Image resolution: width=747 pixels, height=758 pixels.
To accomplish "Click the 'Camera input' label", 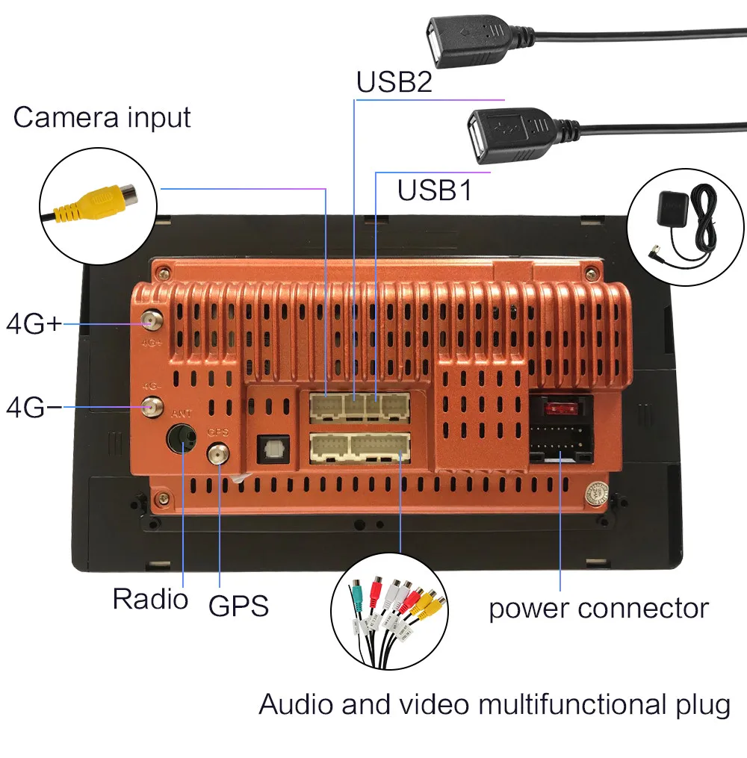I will click(x=102, y=117).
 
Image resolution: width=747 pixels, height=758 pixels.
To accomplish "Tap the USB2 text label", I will click(x=394, y=82).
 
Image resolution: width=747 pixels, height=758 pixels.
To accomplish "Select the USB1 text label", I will click(x=434, y=190).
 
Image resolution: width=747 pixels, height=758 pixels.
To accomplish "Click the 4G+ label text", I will click(x=34, y=324).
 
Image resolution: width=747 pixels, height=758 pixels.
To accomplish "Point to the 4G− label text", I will click(x=34, y=407).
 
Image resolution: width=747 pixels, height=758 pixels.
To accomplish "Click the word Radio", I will click(x=150, y=598).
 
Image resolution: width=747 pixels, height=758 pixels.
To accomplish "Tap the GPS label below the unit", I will click(x=238, y=606).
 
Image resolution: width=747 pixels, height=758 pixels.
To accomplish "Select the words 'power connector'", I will click(x=598, y=608).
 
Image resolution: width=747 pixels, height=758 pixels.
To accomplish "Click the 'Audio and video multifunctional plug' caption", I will click(x=495, y=704).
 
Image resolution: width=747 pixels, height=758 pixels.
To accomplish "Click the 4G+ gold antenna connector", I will click(x=152, y=322).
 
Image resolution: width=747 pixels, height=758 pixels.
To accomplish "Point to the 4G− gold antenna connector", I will click(x=152, y=408).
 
